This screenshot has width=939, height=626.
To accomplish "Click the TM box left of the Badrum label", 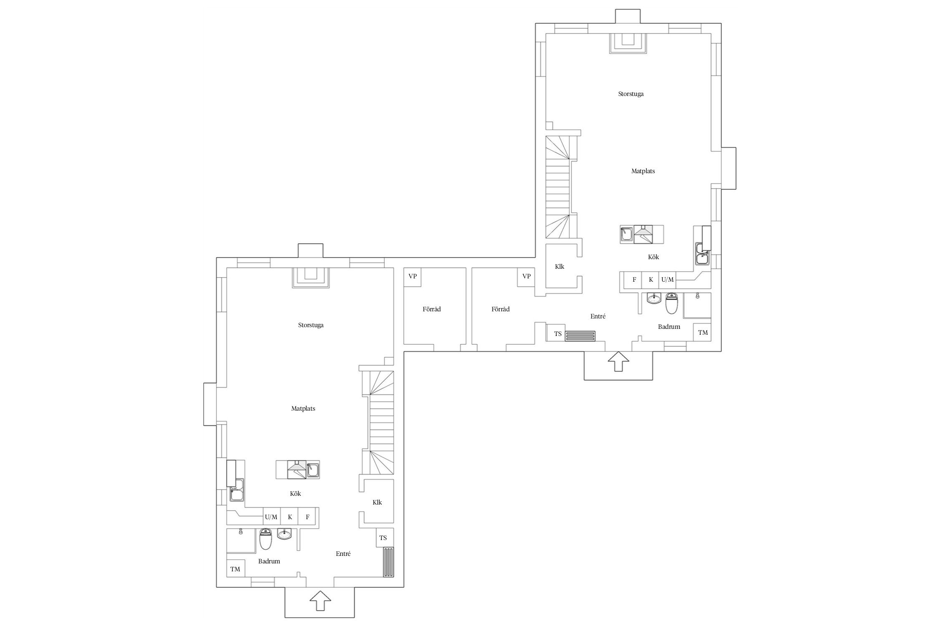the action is click(235, 568).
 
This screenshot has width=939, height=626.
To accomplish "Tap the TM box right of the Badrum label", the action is click(703, 332).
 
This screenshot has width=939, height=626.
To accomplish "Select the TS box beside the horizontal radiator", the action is click(556, 333).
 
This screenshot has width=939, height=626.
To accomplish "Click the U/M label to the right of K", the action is click(667, 280).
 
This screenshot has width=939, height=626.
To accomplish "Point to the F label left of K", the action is click(634, 280).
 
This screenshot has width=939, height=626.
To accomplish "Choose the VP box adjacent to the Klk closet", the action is click(527, 276).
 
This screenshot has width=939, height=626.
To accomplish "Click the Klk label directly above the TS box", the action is click(377, 502).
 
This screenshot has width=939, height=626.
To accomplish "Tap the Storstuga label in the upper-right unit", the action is click(631, 94).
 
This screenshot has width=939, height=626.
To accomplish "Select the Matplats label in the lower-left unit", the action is click(303, 409).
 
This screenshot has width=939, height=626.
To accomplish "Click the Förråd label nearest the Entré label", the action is click(500, 309).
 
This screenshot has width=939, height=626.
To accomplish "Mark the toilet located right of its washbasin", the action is click(671, 303).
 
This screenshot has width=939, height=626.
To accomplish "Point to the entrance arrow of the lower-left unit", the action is click(321, 601).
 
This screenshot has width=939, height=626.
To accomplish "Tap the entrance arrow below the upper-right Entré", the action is click(618, 361).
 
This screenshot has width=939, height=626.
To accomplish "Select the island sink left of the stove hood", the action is click(626, 234).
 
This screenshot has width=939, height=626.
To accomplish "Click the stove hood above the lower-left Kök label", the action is click(297, 469).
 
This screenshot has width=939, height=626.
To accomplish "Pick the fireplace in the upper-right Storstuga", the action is click(628, 43).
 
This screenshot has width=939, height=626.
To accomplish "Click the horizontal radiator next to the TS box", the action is click(581, 336).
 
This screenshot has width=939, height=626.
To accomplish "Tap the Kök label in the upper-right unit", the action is click(653, 257).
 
